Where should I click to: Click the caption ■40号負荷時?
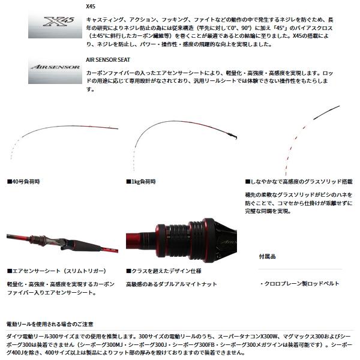[x=25, y=181]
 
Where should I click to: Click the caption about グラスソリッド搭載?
[x=296, y=181]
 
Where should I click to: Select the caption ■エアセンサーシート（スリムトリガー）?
[x=57, y=271]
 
